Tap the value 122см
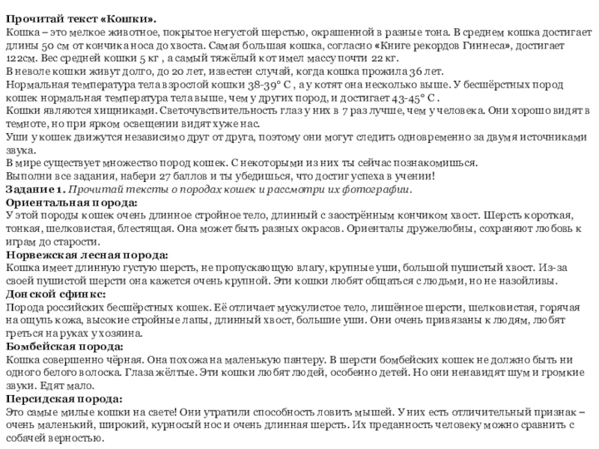click(21, 60)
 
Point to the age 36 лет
click(418, 73)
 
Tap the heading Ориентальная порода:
click(71, 203)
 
